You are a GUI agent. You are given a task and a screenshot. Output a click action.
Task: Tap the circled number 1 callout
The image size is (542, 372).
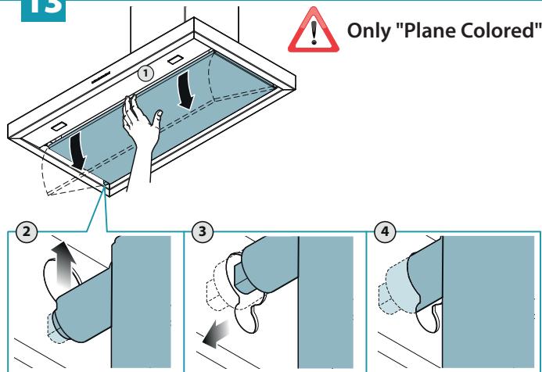[x=145, y=73]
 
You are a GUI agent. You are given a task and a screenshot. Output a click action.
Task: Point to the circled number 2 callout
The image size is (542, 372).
[x=27, y=231]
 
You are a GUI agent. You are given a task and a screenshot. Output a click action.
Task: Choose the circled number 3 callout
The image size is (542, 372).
[x=203, y=231]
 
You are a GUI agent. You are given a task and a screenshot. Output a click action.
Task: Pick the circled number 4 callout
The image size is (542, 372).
[x=385, y=231]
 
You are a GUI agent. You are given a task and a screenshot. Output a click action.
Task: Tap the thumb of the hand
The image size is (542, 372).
[x=156, y=119]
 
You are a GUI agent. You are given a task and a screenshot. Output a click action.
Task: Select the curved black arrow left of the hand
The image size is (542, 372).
[x=77, y=151]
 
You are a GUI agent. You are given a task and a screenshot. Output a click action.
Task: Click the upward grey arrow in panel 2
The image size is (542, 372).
[x=63, y=264]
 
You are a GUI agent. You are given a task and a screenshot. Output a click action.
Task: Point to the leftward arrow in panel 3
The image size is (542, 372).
[x=216, y=333]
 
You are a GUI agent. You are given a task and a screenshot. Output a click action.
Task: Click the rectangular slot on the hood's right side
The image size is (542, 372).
[x=176, y=59]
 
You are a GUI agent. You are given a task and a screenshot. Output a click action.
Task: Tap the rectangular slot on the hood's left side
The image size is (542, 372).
[x=59, y=127]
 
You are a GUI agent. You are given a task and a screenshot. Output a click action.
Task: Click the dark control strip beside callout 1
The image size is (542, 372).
[x=101, y=77]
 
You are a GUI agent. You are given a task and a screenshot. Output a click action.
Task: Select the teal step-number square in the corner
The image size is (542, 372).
[x=43, y=10]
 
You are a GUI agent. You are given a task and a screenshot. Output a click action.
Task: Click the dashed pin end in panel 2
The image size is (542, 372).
[x=55, y=329]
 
